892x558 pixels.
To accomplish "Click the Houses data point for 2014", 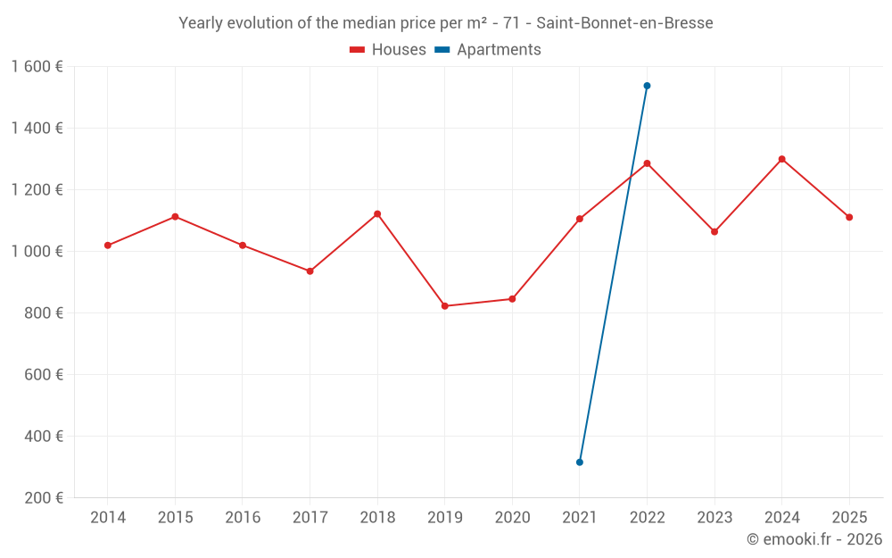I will [108, 246].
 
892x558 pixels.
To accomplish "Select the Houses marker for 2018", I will [377, 214].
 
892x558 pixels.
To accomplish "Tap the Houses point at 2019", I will [445, 306].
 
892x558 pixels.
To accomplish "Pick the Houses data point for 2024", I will [782, 159].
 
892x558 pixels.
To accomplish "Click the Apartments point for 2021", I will [580, 462].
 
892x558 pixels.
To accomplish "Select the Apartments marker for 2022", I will [647, 86].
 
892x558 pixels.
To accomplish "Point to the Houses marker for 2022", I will [647, 163].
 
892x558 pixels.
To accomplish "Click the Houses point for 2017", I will [310, 271].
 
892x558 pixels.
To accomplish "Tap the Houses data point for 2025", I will [849, 217].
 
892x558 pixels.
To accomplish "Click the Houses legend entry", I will [388, 50].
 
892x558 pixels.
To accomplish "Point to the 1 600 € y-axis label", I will [37, 67].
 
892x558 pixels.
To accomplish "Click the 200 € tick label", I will [42, 498].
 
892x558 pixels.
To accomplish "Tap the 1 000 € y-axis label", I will [37, 252].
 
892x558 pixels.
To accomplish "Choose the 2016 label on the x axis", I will [243, 518].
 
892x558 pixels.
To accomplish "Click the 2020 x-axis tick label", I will [512, 518].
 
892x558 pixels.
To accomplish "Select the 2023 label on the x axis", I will [714, 518].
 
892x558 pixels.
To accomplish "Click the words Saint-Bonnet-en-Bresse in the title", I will [624, 23].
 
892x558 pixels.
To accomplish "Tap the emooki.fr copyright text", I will [814, 539].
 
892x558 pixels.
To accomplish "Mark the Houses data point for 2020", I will [512, 299].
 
